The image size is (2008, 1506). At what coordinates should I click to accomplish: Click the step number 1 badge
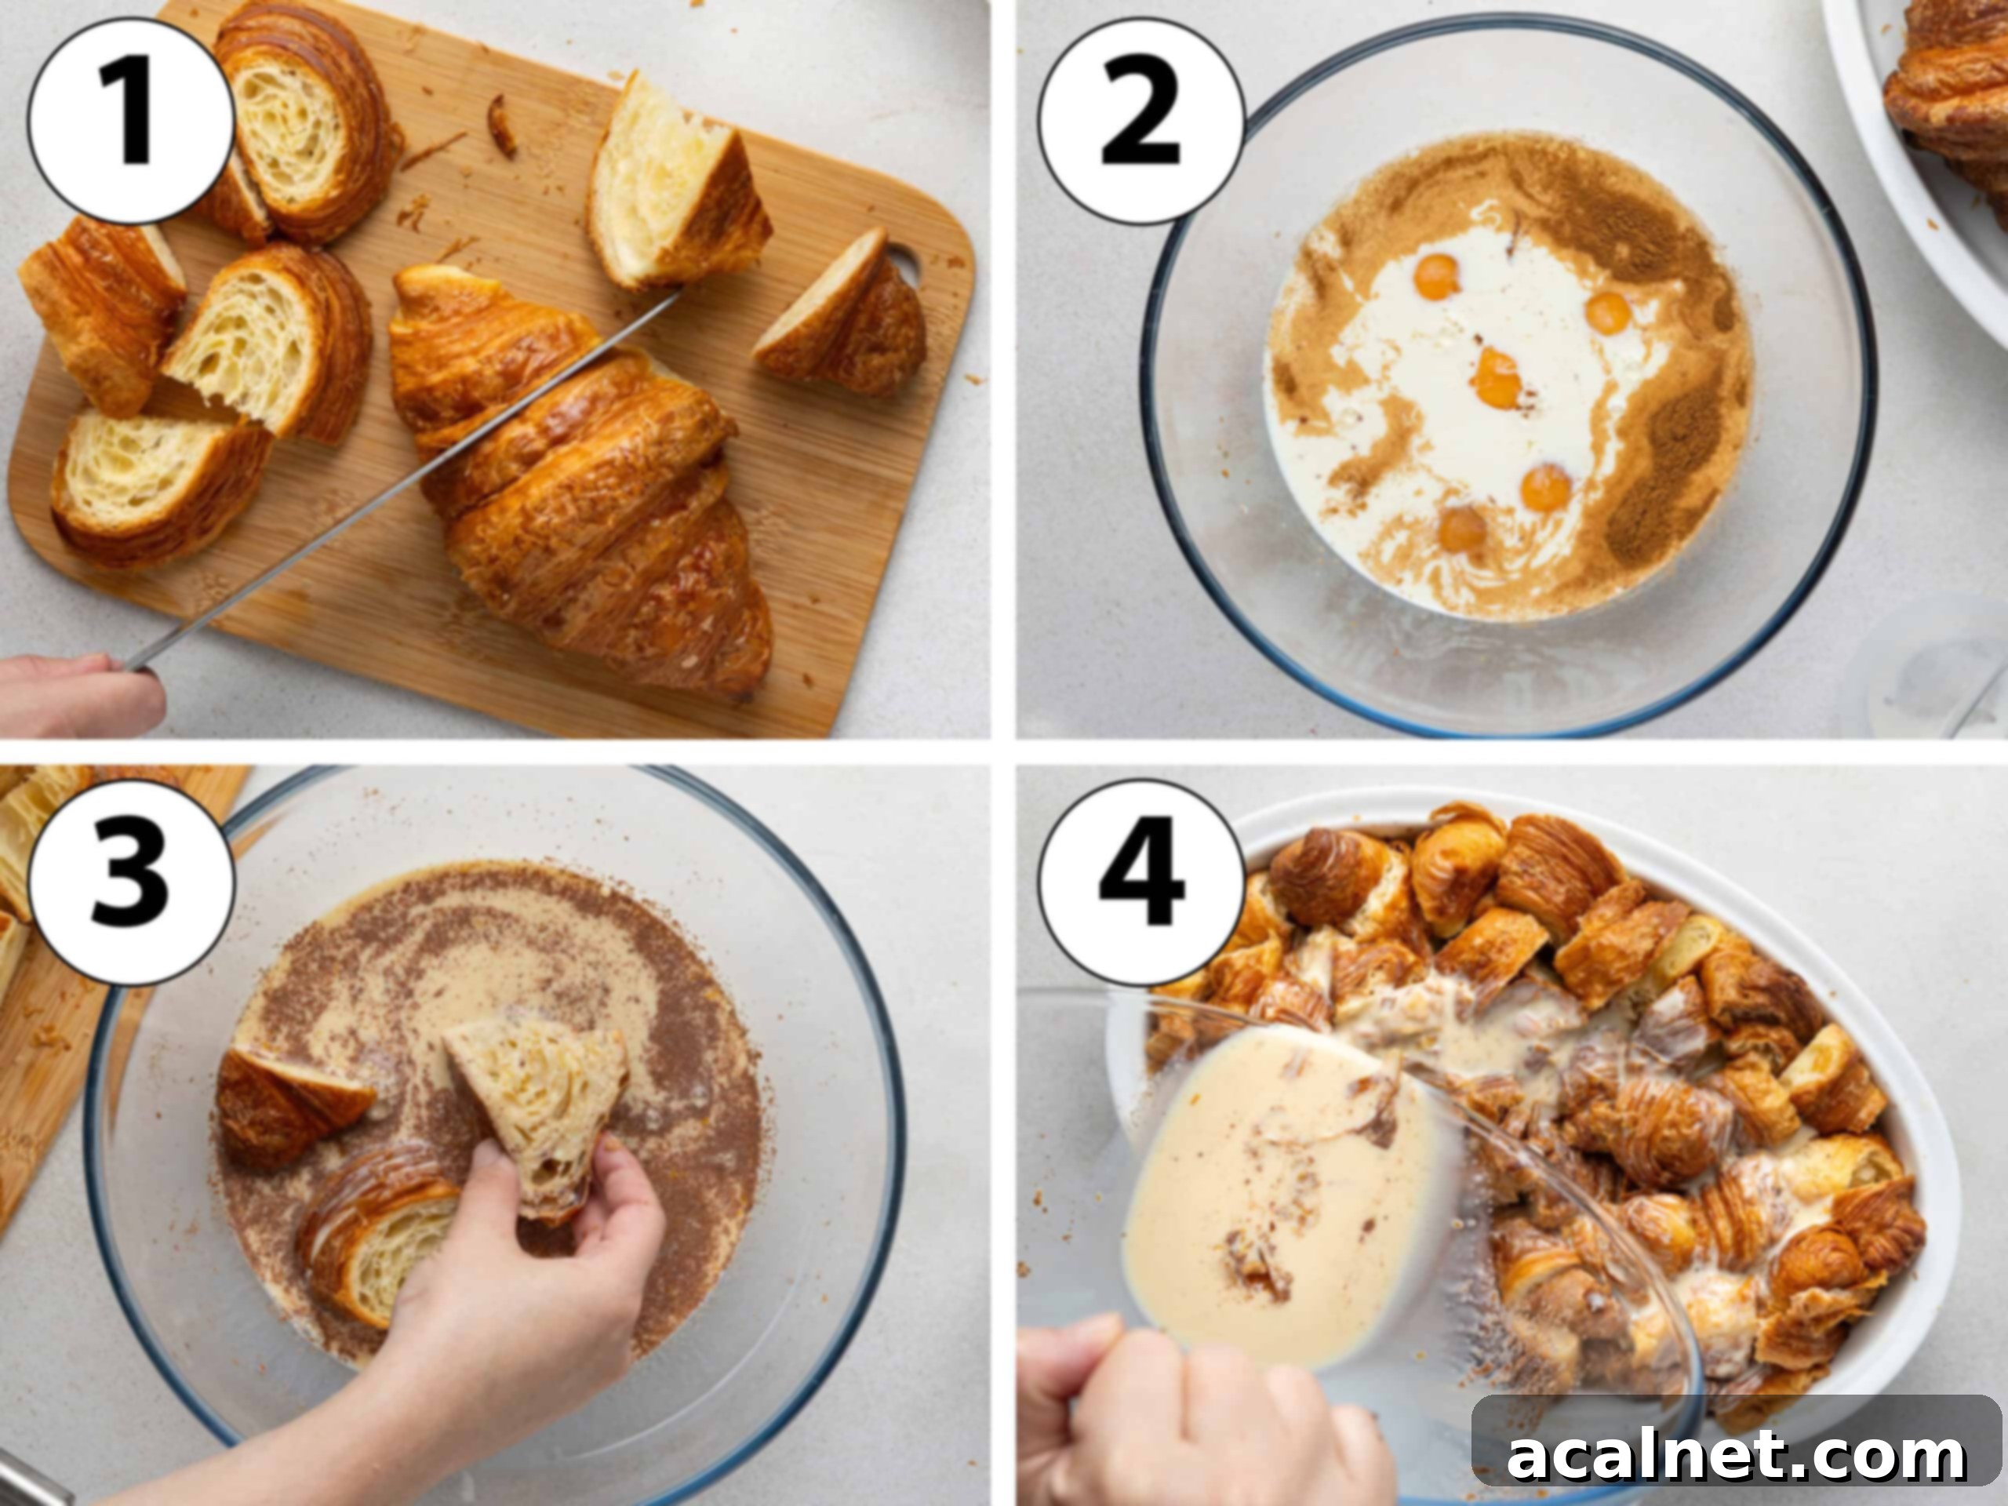click(129, 121)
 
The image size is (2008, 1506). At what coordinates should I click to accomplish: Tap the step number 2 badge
click(1141, 121)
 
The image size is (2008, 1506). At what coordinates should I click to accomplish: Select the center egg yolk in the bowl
click(1496, 377)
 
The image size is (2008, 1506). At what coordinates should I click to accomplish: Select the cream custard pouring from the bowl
click(1271, 1189)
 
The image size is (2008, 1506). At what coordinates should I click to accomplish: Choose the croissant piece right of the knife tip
click(676, 191)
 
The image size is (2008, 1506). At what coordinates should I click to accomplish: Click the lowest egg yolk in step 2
click(1461, 529)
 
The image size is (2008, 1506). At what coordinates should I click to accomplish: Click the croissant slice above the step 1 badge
click(300, 118)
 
